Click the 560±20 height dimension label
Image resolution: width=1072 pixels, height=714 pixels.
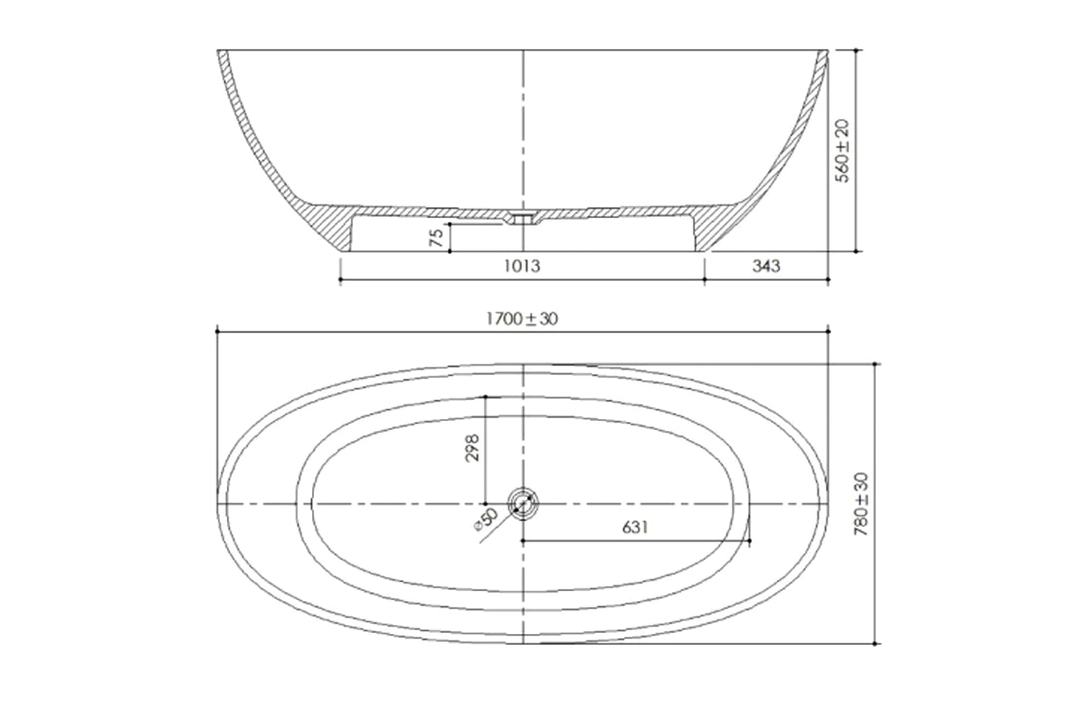pyautogui.click(x=843, y=151)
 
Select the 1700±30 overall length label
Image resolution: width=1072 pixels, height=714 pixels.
pyautogui.click(x=522, y=319)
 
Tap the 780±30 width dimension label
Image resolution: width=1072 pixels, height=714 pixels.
pyautogui.click(x=861, y=503)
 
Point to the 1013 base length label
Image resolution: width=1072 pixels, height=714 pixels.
pyautogui.click(x=522, y=266)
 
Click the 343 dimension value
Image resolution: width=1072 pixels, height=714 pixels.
pyautogui.click(x=766, y=266)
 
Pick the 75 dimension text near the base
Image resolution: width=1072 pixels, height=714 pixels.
pyautogui.click(x=436, y=238)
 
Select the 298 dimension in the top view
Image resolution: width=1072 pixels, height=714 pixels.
pyautogui.click(x=471, y=448)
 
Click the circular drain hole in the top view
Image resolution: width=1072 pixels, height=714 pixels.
pyautogui.click(x=523, y=503)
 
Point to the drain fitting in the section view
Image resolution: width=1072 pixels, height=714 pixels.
pyautogui.click(x=523, y=218)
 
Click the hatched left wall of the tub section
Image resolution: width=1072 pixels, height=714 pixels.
pyautogui.click(x=251, y=139)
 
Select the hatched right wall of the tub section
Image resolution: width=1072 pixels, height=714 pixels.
pyautogui.click(x=796, y=139)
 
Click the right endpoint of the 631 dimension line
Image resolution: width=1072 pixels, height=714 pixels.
pyautogui.click(x=749, y=540)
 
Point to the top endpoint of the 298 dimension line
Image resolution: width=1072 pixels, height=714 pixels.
pyautogui.click(x=485, y=397)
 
